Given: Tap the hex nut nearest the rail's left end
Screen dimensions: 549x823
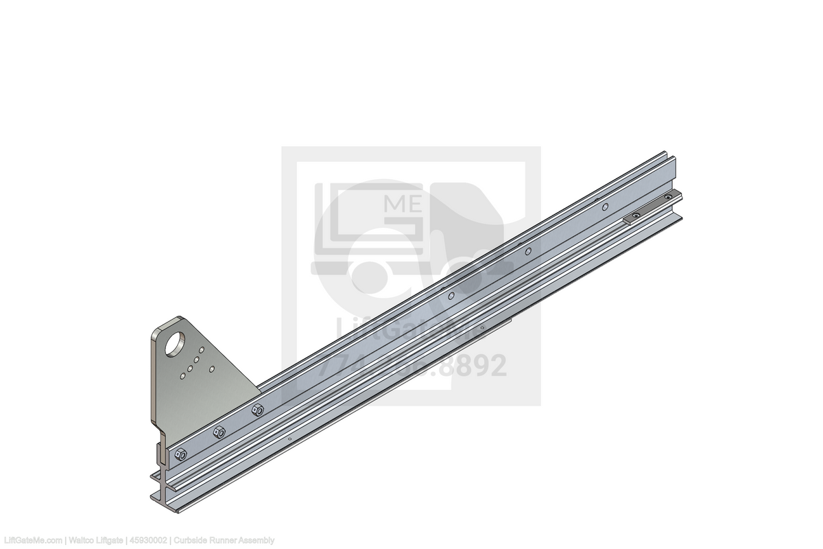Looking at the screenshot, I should click(181, 454).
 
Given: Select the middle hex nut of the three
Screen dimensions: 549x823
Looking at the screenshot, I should click(219, 432).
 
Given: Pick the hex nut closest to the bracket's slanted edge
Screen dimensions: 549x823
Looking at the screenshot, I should click(258, 410).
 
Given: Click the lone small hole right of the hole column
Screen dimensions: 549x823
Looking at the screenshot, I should click(212, 369).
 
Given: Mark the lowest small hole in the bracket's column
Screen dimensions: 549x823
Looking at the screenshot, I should click(183, 375).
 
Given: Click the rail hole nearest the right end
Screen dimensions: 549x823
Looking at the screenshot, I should click(605, 206).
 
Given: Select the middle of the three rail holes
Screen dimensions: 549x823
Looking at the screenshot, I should click(528, 251).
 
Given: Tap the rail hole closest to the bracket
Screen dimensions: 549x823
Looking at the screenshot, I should click(451, 296).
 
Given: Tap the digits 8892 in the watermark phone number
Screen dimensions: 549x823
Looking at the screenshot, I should click(473, 366).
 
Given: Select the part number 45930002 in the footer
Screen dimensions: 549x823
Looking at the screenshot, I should click(150, 541).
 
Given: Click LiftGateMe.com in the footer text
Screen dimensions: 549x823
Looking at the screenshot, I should click(32, 541).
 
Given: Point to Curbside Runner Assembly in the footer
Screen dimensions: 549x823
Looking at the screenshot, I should click(224, 541).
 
